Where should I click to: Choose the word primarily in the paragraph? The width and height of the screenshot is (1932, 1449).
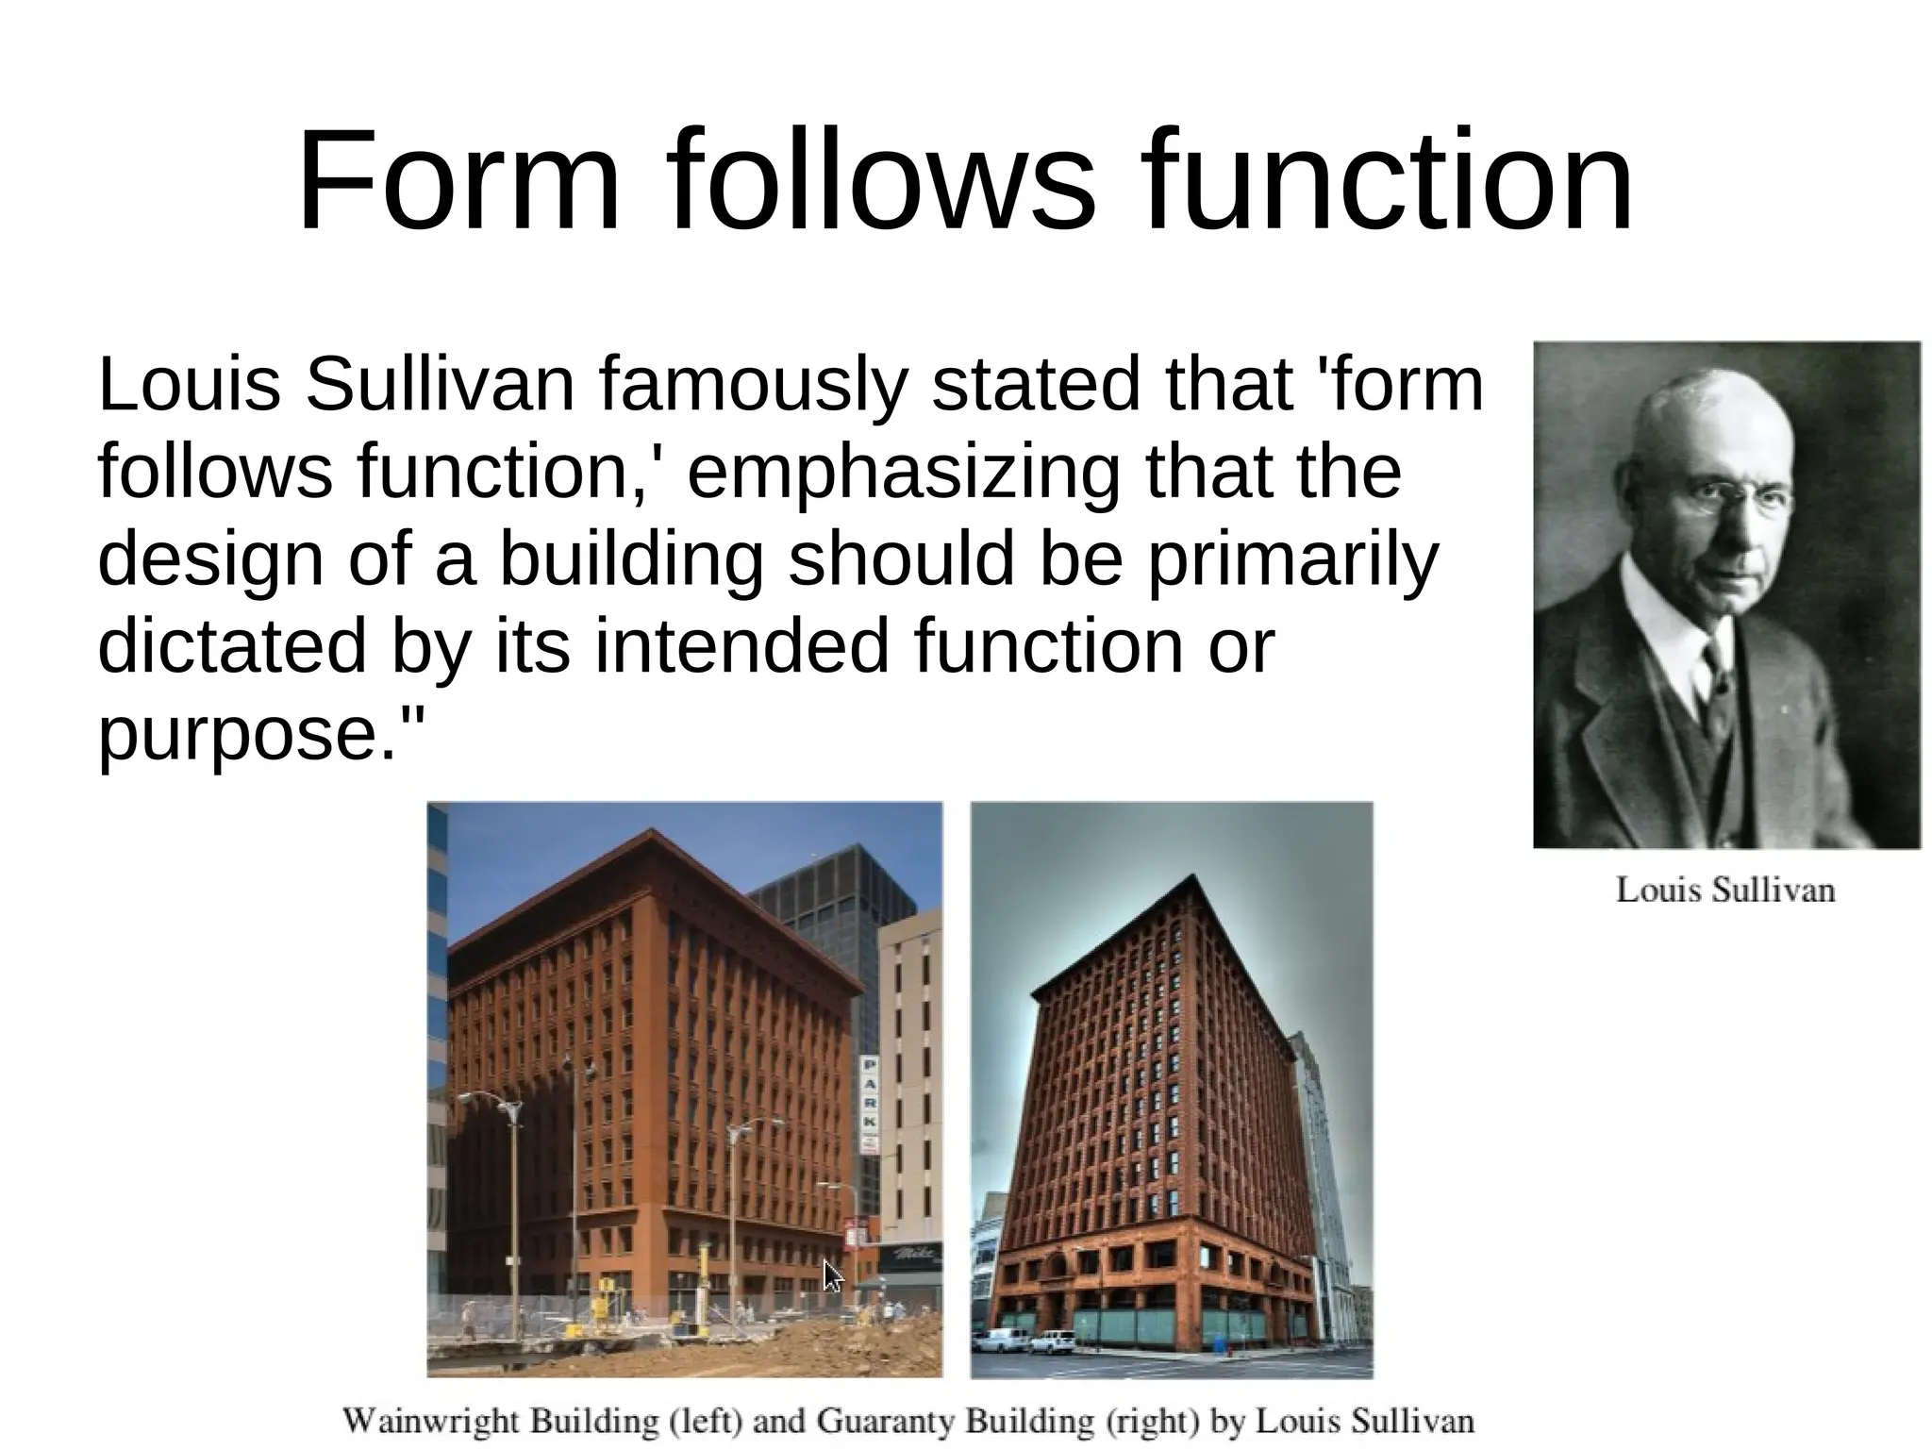coord(1291,560)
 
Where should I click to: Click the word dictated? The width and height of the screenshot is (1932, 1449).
coord(232,647)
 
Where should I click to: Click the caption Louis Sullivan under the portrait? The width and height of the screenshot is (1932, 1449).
coord(1725,890)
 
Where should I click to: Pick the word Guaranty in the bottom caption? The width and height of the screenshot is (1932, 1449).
coord(886,1421)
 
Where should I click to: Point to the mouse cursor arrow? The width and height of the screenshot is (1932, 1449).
coord(832,1275)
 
